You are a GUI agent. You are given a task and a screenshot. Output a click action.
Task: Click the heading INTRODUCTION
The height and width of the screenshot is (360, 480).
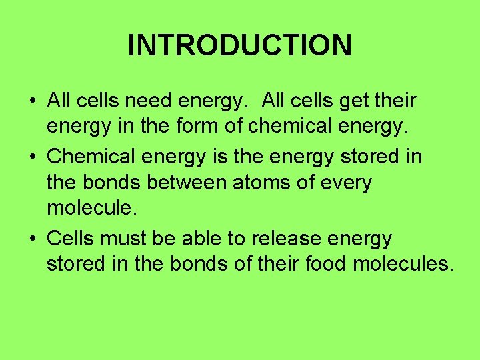239,45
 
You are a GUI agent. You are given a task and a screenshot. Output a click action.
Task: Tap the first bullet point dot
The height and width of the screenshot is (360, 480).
32,101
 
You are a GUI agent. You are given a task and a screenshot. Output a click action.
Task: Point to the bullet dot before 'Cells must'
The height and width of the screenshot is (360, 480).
32,238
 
